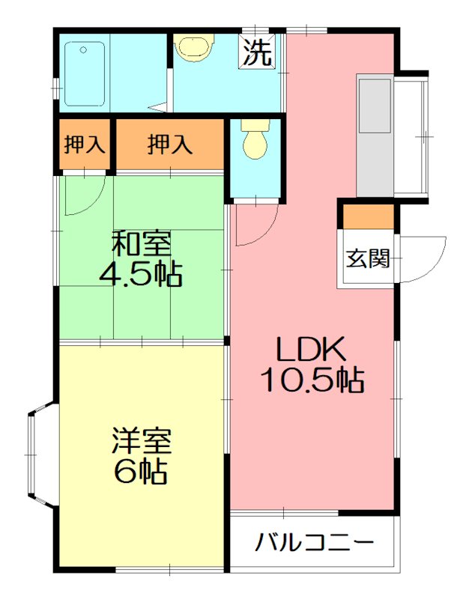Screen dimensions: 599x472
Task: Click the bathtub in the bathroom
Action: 85,73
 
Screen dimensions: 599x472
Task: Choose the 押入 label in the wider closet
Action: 169,145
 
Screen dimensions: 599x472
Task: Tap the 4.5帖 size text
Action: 142,274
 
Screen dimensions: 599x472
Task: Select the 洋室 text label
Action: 142,440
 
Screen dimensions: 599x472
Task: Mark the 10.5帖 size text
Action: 312,380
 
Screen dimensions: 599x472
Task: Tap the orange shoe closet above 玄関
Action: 367,216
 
